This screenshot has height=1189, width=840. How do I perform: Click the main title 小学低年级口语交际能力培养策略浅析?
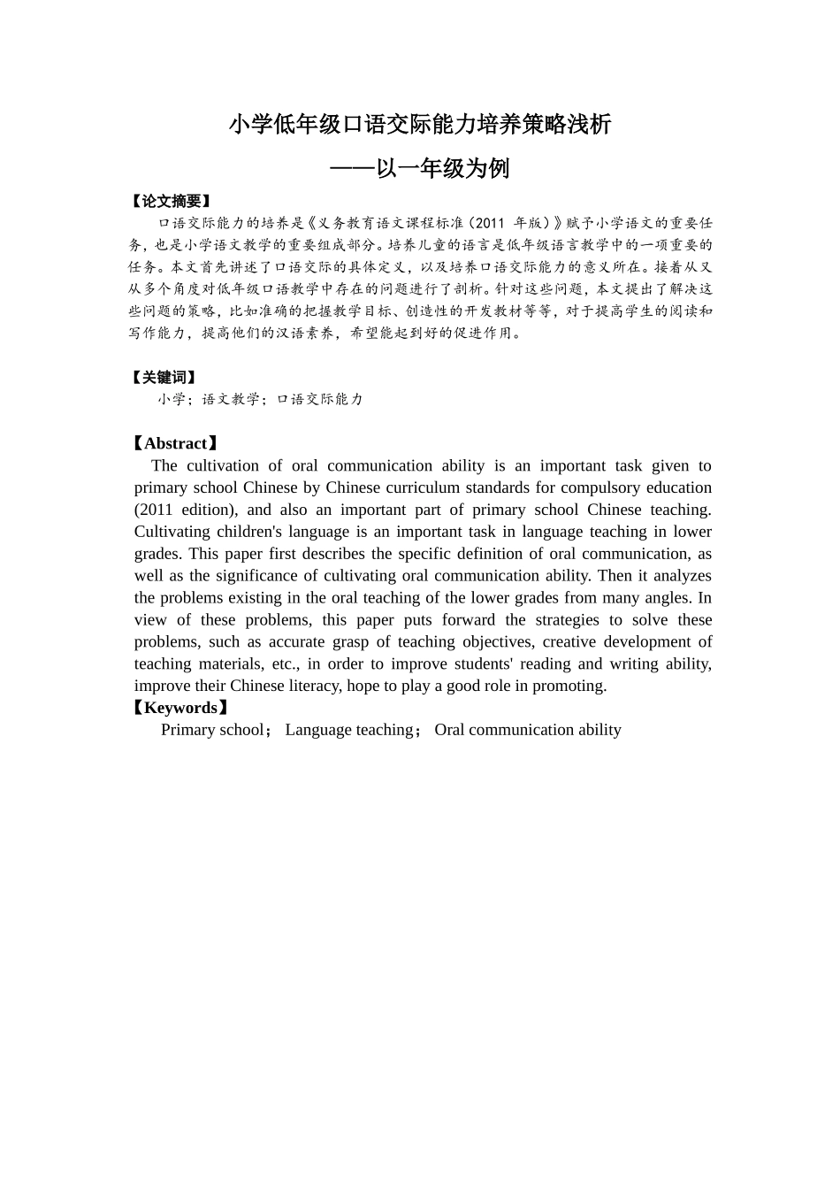point(420,125)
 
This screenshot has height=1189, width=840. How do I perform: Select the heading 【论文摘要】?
point(171,202)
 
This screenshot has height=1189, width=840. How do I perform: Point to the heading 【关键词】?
point(164,378)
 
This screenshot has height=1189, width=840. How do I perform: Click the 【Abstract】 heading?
point(174,444)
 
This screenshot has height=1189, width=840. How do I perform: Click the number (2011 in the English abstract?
point(154,510)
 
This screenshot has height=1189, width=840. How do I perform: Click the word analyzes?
point(682,576)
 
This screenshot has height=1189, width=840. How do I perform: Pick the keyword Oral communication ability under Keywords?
point(528,730)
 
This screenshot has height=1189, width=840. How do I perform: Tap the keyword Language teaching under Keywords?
point(349,730)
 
